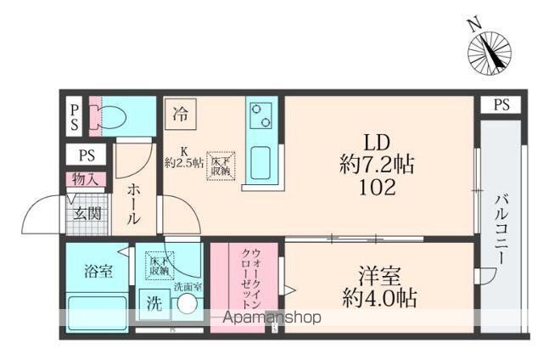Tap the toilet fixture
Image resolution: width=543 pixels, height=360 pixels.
(x=111, y=116)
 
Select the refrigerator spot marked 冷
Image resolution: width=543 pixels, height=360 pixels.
(x=180, y=112)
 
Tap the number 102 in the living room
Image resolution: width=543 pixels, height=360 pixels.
(x=377, y=188)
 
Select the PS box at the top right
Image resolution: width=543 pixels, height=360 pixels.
(x=501, y=105)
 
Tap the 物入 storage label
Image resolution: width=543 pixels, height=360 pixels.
(x=86, y=179)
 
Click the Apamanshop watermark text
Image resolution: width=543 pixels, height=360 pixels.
(x=272, y=318)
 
